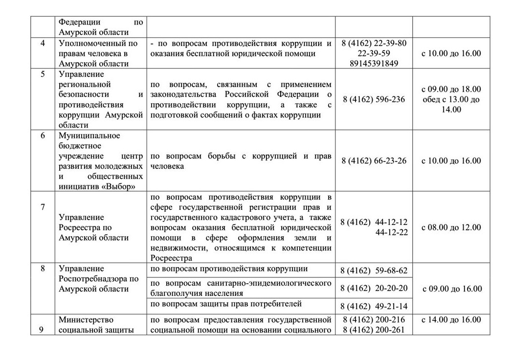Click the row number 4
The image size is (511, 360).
pos(43,43)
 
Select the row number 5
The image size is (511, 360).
pos(43,74)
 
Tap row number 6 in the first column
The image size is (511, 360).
pos(43,135)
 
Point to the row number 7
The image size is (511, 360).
pos(43,207)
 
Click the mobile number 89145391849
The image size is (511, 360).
pos(374,63)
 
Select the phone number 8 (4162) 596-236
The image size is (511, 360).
pos(374,99)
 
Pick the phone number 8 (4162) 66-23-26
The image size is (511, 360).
pos(374,161)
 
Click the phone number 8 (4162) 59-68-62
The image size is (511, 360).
pos(374,270)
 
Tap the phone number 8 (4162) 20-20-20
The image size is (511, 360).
pos(374,288)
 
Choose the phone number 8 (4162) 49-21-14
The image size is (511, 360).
pos(374,306)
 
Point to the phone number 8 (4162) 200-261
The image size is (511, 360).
pos(374,330)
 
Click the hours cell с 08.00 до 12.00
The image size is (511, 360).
pos(451,227)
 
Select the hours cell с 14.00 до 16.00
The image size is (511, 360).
pos(451,320)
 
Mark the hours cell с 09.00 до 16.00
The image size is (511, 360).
pos(451,289)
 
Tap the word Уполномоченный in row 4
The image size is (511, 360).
pos(89,43)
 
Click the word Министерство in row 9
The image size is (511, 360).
pos(85,320)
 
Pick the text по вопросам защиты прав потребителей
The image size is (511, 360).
pos(226,304)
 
